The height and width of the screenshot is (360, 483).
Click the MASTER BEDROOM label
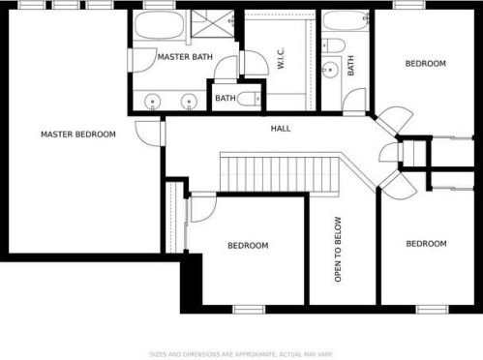tap(78, 135)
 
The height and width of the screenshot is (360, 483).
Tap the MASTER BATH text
tap(185, 57)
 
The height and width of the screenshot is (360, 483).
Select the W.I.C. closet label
tap(281, 58)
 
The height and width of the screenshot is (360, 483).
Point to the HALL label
tap(281, 129)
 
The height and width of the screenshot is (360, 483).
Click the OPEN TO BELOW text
tap(338, 250)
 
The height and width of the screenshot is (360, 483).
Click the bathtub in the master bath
tap(160, 25)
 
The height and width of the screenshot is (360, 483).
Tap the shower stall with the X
tap(212, 23)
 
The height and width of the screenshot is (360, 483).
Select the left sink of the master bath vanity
tap(152, 101)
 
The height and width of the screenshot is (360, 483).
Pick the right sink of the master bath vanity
tap(189, 102)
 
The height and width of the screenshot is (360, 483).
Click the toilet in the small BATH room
tap(249, 99)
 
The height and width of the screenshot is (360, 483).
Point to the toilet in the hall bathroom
tap(334, 45)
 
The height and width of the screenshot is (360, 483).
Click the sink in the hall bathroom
tap(330, 70)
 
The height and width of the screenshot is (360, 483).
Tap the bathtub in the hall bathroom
tap(346, 20)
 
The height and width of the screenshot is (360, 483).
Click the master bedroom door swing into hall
tap(148, 134)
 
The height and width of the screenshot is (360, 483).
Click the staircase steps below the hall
tap(280, 174)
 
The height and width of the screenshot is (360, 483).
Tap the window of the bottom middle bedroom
tap(249, 310)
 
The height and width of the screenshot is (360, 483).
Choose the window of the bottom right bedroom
tap(433, 310)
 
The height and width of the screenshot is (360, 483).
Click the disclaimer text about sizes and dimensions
tap(241, 354)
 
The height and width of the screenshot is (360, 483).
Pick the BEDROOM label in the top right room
tap(426, 64)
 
